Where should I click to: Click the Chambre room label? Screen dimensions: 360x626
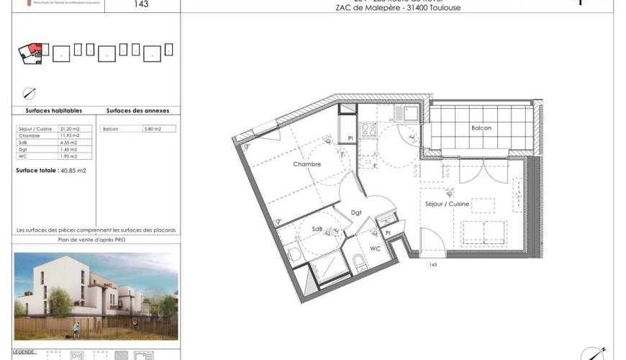click(x=307, y=164)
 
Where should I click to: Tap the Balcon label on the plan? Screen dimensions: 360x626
click(x=481, y=127)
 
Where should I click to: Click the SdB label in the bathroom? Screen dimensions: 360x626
click(x=317, y=229)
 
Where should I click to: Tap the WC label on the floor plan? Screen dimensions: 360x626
click(x=375, y=248)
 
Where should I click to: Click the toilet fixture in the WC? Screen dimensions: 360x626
click(x=360, y=261)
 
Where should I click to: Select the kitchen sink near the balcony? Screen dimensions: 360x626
click(x=409, y=112)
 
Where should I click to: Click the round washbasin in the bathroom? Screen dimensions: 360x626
click(x=295, y=253)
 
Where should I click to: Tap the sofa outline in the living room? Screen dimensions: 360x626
click(x=484, y=233)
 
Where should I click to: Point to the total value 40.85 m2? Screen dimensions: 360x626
click(x=71, y=171)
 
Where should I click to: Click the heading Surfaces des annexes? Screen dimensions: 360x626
click(x=137, y=111)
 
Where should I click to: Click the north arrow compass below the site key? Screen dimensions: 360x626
click(x=29, y=92)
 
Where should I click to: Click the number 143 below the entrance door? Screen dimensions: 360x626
click(x=433, y=265)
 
